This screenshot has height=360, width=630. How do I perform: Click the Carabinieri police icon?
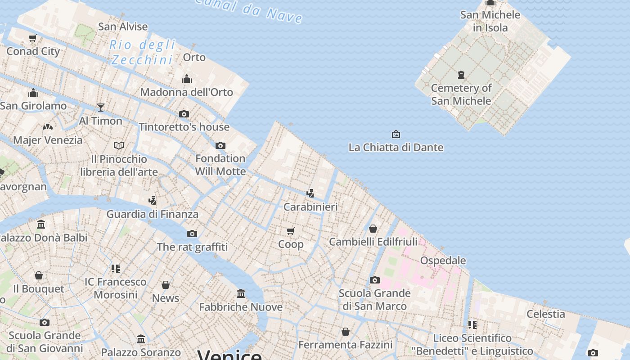click(310, 193)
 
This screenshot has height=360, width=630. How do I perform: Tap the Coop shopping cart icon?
click(291, 231)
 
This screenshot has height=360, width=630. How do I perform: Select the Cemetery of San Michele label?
click(461, 94)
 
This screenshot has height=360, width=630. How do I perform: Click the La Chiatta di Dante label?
click(396, 147)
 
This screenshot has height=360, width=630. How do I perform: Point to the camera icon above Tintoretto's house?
click(184, 114)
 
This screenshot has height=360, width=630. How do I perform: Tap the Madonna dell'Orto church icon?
click(187, 80)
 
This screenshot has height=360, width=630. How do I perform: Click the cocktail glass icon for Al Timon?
click(101, 107)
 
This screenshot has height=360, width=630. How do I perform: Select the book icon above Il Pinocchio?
click(119, 145)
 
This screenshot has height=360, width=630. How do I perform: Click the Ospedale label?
click(443, 261)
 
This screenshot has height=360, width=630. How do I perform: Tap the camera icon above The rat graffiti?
click(192, 234)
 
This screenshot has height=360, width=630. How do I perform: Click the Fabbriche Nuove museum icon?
click(241, 294)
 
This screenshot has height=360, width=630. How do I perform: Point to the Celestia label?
click(546, 314)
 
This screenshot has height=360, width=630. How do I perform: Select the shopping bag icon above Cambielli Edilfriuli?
click(373, 229)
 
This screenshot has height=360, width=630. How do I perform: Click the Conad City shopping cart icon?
click(32, 38)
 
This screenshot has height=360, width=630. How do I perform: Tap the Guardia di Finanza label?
click(152, 214)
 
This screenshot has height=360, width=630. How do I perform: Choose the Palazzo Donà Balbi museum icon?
click(41, 224)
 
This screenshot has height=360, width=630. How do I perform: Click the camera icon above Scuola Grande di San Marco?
click(375, 280)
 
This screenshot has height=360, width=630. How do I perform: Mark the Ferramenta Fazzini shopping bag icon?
click(346, 332)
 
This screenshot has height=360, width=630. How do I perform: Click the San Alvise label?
click(123, 27)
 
